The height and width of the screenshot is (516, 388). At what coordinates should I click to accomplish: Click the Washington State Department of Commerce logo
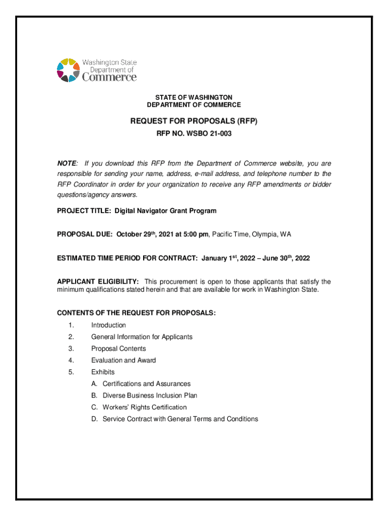96,70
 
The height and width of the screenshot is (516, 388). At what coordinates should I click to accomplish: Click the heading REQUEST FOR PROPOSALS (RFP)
193,121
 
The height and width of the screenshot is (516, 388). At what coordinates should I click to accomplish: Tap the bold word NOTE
67,164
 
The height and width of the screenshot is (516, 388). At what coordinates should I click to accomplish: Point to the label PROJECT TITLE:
84,211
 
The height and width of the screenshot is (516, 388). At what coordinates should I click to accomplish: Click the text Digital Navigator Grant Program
165,211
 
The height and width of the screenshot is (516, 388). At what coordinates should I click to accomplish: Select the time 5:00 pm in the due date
193,234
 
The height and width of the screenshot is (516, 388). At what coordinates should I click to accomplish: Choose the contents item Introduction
108,325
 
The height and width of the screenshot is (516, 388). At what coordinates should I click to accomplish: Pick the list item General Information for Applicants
142,337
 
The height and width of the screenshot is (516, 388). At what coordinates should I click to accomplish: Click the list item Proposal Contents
118,349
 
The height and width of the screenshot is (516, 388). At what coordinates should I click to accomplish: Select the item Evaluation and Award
123,360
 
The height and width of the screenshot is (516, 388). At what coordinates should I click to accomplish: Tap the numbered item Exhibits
103,372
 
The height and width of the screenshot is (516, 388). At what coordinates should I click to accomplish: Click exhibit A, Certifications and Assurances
146,383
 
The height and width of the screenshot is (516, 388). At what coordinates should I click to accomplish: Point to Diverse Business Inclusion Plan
150,396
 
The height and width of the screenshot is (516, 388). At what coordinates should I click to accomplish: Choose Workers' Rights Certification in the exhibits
144,407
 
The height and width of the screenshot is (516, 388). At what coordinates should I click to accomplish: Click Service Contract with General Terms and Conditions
180,419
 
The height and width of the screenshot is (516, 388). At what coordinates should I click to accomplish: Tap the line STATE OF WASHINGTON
193,97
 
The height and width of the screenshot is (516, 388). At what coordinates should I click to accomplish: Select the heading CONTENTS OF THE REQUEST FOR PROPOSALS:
136,313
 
